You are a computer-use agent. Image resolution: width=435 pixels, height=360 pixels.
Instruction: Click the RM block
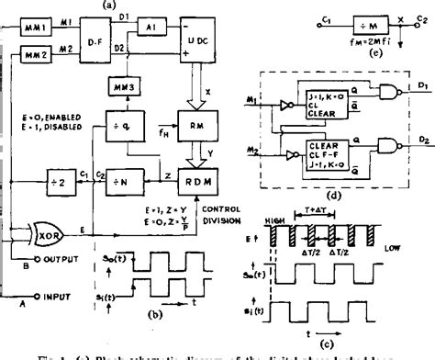pyautogui.click(x=213, y=127)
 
